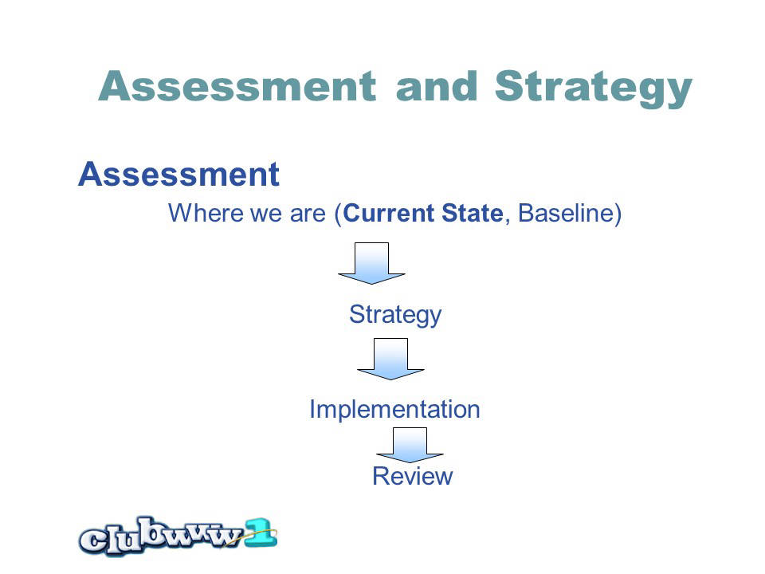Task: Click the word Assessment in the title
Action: [x=237, y=86]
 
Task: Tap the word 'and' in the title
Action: [x=437, y=86]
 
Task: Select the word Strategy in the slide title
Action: [x=593, y=88]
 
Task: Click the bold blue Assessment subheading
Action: [x=178, y=175]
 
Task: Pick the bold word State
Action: [x=473, y=213]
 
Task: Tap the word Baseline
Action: [x=566, y=213]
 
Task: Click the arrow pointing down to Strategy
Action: [x=372, y=263]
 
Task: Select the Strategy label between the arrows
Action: [x=395, y=315]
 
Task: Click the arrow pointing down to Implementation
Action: [x=390, y=359]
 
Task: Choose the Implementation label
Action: [x=394, y=409]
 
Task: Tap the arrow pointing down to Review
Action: [x=410, y=445]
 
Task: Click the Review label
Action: [x=413, y=476]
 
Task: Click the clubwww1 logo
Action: [x=178, y=536]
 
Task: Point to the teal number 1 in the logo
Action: [x=261, y=533]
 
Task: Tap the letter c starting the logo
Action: [x=92, y=541]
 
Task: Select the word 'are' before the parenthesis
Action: [x=308, y=213]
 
